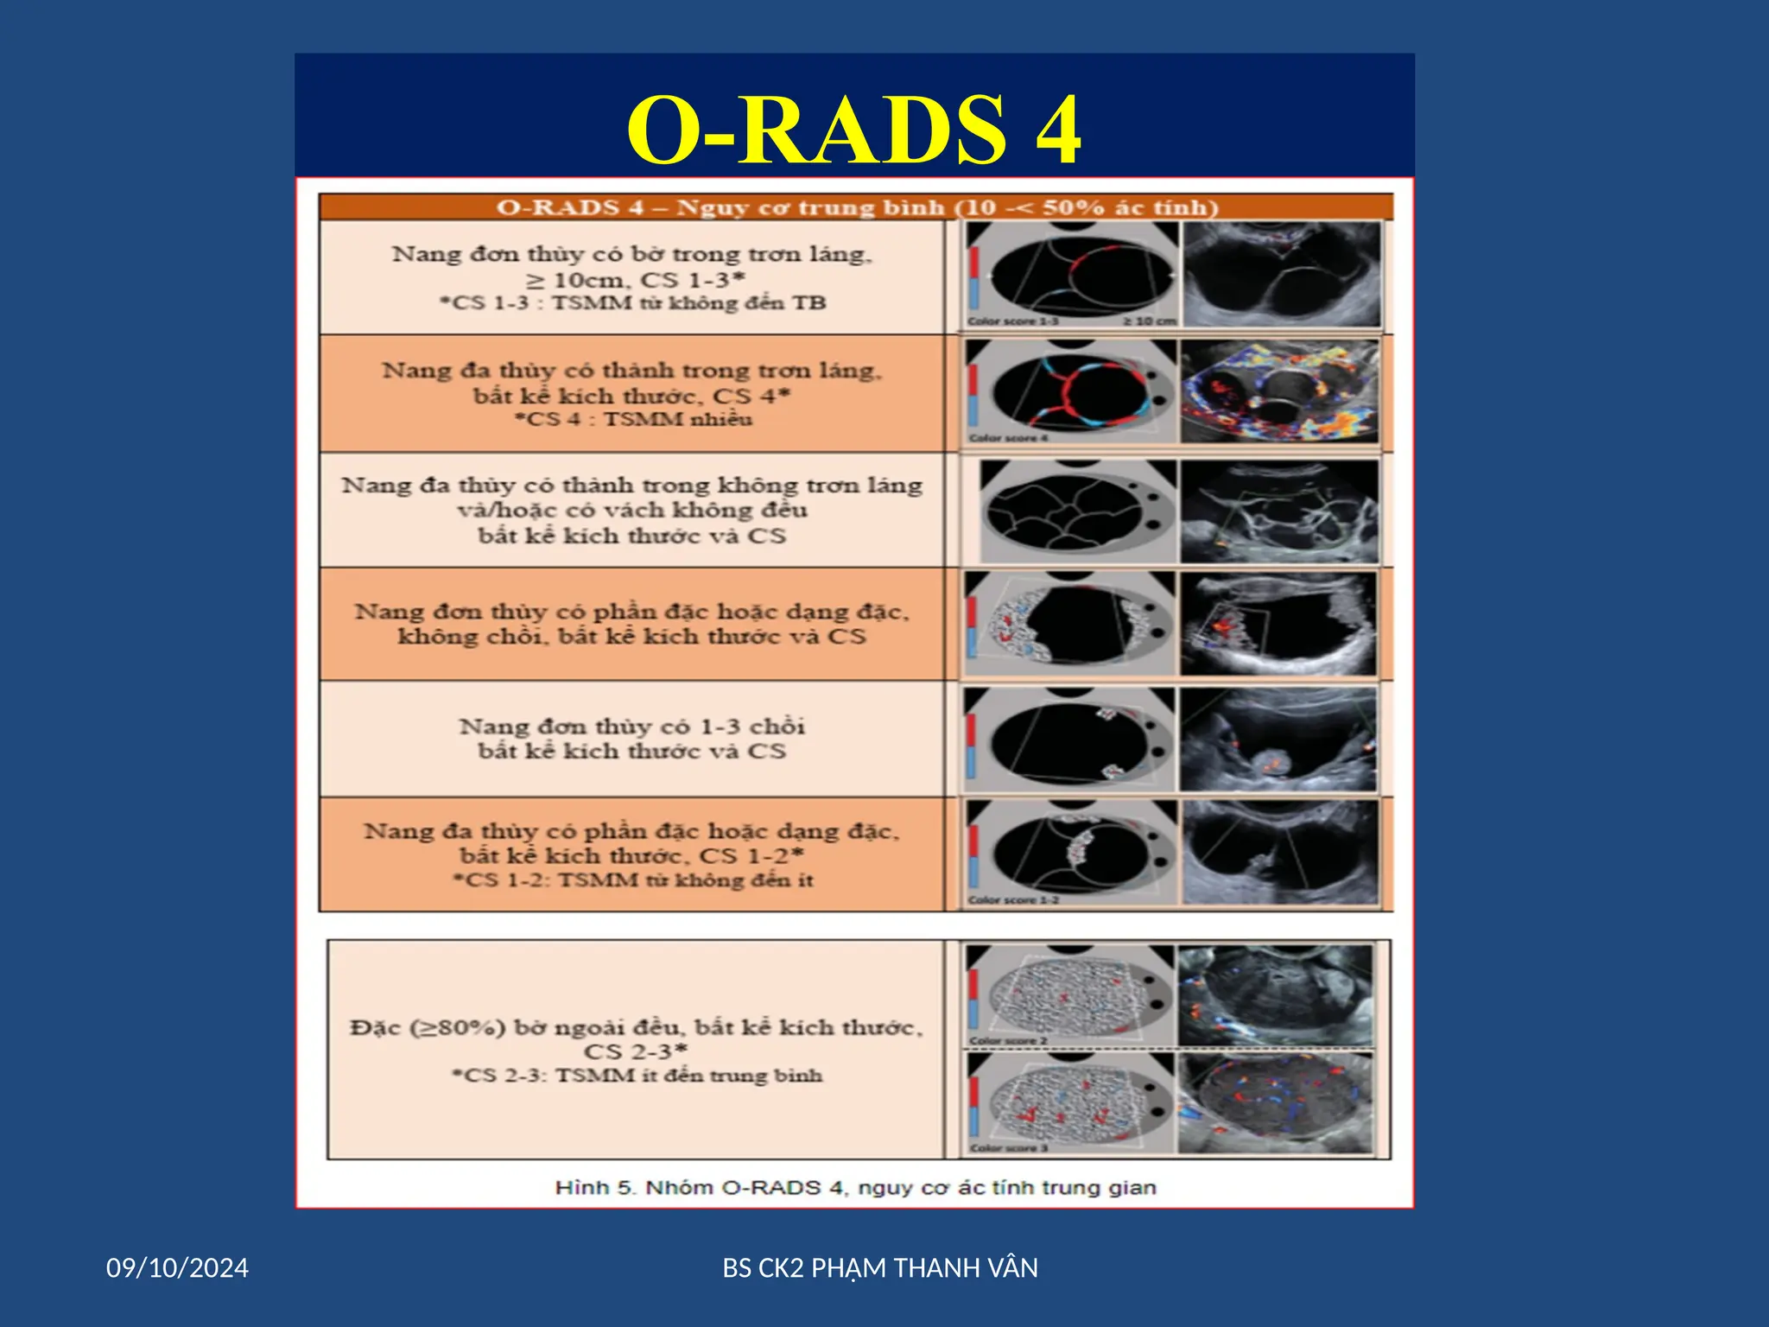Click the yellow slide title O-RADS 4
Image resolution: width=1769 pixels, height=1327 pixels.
853,130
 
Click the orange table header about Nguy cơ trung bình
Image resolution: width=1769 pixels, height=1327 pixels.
856,207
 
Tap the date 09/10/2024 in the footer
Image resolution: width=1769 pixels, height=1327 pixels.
177,1267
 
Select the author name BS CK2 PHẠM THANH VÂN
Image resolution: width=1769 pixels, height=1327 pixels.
879,1267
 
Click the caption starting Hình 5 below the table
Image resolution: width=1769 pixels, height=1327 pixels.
855,1187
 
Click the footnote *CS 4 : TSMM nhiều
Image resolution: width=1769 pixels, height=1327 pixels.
633,420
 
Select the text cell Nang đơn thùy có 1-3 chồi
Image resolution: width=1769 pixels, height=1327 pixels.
631,726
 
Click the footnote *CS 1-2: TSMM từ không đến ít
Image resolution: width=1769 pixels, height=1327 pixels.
633,880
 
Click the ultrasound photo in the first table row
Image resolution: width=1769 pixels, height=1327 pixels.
1281,274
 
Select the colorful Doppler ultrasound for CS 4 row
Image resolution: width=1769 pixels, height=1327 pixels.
1279,391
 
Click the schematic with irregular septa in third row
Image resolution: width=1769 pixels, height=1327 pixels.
1076,511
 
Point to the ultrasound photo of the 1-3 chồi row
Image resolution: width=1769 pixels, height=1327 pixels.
1278,740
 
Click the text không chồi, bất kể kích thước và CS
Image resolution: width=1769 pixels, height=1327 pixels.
631,637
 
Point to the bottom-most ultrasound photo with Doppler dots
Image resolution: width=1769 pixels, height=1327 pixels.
1276,1103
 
